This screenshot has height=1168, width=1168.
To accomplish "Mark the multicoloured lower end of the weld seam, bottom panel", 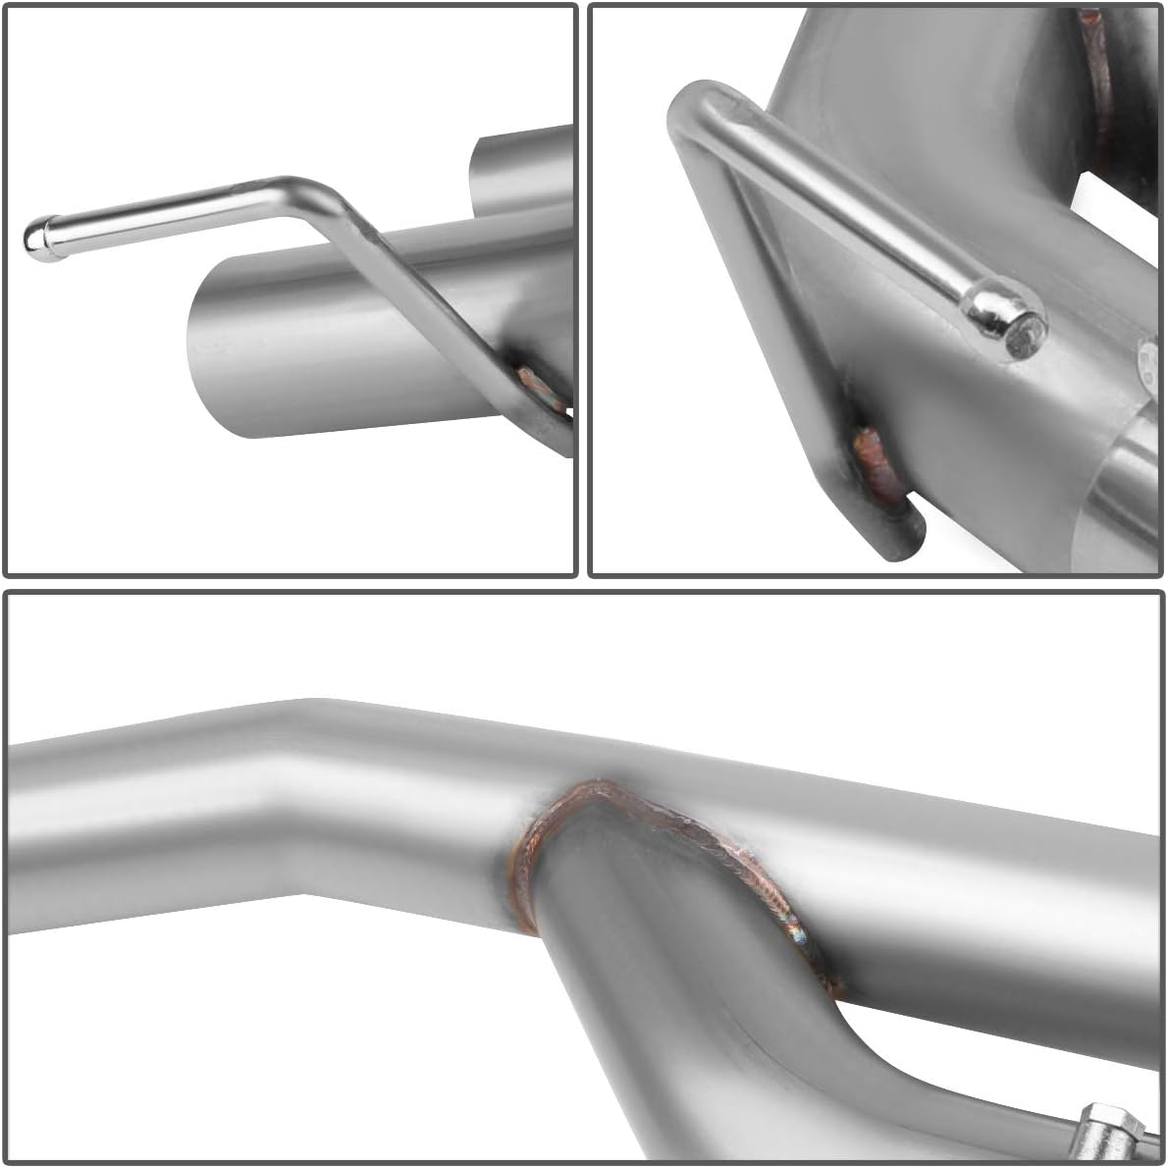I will [x=805, y=932].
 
